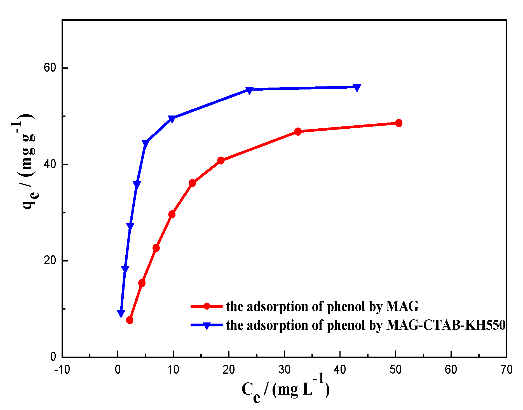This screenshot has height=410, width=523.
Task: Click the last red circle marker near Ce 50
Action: [399, 123]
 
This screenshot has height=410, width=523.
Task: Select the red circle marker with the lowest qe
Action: [130, 320]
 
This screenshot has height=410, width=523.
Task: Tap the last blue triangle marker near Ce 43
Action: [357, 88]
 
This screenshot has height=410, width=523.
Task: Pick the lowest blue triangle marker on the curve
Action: [121, 313]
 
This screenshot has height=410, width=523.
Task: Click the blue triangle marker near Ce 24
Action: [249, 90]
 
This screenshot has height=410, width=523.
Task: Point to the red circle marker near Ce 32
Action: [298, 131]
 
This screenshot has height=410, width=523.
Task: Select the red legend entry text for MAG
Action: [322, 307]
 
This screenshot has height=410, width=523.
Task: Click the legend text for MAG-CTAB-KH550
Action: [365, 325]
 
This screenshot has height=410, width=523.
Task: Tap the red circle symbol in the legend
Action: [207, 306]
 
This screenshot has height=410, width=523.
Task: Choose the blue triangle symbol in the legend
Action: [207, 326]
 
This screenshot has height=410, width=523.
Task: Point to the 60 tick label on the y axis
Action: [50, 68]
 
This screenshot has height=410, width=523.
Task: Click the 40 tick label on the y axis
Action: [50, 164]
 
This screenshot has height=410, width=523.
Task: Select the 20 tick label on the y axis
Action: [50, 261]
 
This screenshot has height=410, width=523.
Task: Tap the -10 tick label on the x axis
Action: [62, 370]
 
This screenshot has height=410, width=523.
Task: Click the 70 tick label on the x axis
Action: [506, 370]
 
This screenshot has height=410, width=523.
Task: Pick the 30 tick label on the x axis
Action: [284, 370]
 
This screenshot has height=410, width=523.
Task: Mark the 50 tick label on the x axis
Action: [395, 370]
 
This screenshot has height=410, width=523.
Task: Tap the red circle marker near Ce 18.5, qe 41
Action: [221, 161]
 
